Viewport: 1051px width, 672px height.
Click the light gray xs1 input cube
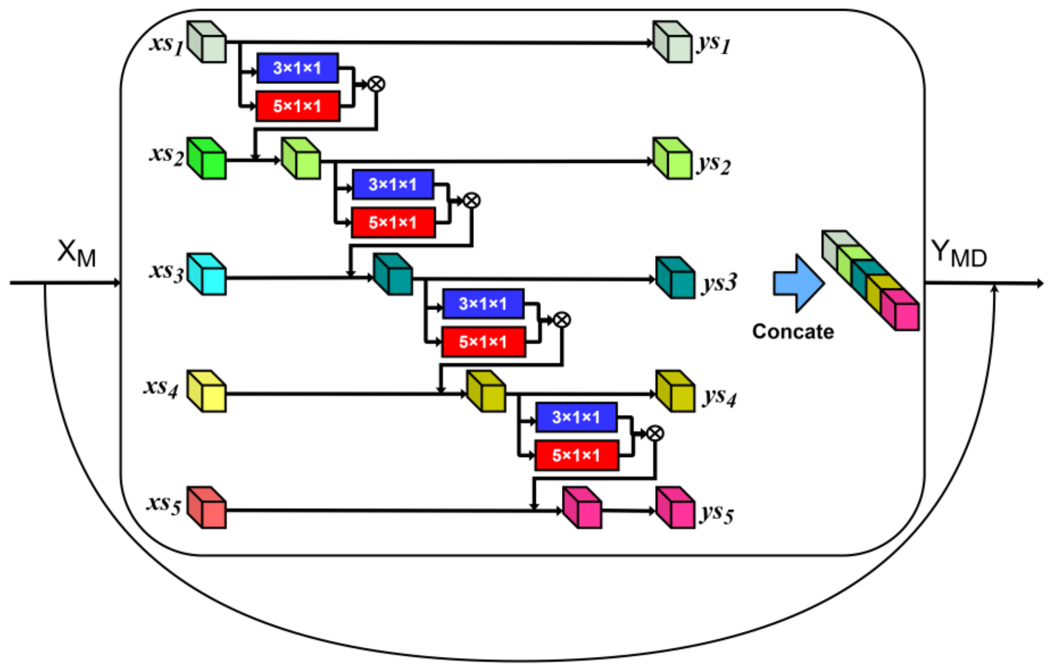[x=207, y=42]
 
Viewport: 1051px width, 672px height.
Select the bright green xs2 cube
[x=207, y=159]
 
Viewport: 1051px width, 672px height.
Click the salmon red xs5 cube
[x=207, y=507]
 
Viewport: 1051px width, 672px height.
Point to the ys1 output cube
[x=672, y=42]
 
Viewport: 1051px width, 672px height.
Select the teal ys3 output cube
[x=675, y=278]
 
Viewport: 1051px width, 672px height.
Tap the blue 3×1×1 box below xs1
[x=297, y=68]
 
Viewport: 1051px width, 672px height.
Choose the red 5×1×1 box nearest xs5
[x=576, y=456]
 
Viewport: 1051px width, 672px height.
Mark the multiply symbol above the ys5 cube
[x=655, y=433]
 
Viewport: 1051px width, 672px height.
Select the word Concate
[x=793, y=331]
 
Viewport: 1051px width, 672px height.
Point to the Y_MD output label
[x=958, y=254]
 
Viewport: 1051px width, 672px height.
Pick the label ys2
[x=714, y=165]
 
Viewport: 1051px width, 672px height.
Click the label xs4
[x=161, y=387]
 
